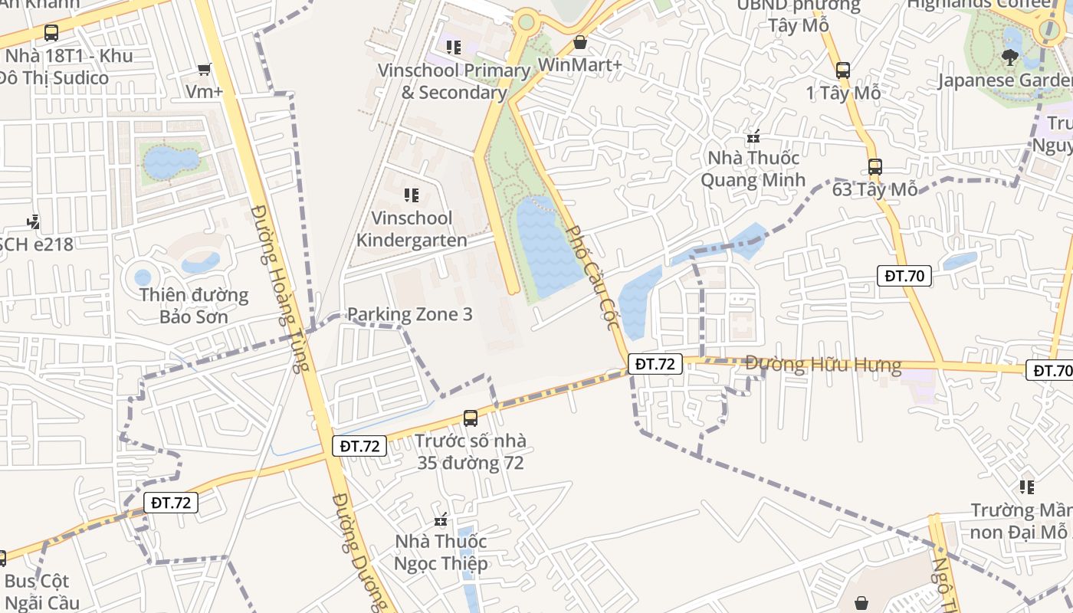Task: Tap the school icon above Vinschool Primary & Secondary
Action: click(x=454, y=48)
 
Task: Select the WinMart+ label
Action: click(x=580, y=65)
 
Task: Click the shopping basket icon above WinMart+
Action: click(x=580, y=42)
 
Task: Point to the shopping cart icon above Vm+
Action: click(x=204, y=70)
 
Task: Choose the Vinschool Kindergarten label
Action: click(x=412, y=229)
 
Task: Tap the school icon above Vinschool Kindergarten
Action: click(x=412, y=195)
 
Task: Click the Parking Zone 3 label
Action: click(x=409, y=314)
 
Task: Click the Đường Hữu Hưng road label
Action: click(x=823, y=365)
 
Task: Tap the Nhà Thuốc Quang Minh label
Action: click(x=753, y=169)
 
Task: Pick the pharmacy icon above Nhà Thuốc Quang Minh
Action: click(x=753, y=138)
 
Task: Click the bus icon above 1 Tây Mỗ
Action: click(x=843, y=70)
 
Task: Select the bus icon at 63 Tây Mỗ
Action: click(x=874, y=167)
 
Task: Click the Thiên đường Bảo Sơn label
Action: click(x=194, y=306)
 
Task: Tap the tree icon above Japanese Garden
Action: click(x=1009, y=57)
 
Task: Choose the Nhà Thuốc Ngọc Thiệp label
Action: click(x=441, y=552)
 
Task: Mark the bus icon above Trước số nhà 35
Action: click(x=471, y=418)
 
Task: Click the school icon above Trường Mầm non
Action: click(x=1027, y=487)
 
